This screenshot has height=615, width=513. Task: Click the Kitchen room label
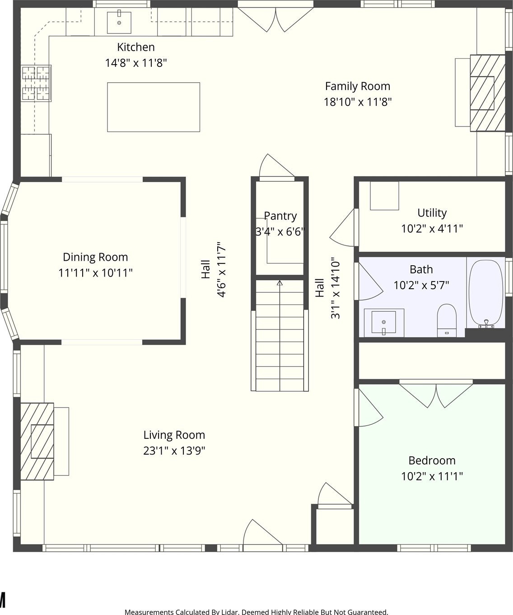coord(135,47)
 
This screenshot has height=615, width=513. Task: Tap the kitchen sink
coord(119,23)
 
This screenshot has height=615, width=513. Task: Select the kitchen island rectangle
coord(154,107)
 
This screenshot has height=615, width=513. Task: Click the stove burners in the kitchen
coord(36,83)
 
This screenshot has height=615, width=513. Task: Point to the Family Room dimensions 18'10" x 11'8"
coord(358,102)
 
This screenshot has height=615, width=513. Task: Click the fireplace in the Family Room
coord(487,93)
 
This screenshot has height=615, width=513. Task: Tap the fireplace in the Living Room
coord(37,441)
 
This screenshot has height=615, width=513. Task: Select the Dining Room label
coord(95,257)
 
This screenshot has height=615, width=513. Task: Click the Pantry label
coord(280,216)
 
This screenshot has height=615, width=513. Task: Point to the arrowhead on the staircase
coord(280,283)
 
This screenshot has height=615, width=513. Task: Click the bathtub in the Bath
coord(485,294)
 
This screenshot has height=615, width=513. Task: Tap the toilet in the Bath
coord(447,320)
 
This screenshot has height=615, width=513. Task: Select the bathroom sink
coord(384,323)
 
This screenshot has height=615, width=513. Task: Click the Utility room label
coord(432,213)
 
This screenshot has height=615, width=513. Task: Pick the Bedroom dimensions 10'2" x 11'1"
coord(432,476)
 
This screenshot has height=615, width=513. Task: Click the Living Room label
coord(174,435)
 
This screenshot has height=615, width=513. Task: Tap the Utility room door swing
coord(343,227)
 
